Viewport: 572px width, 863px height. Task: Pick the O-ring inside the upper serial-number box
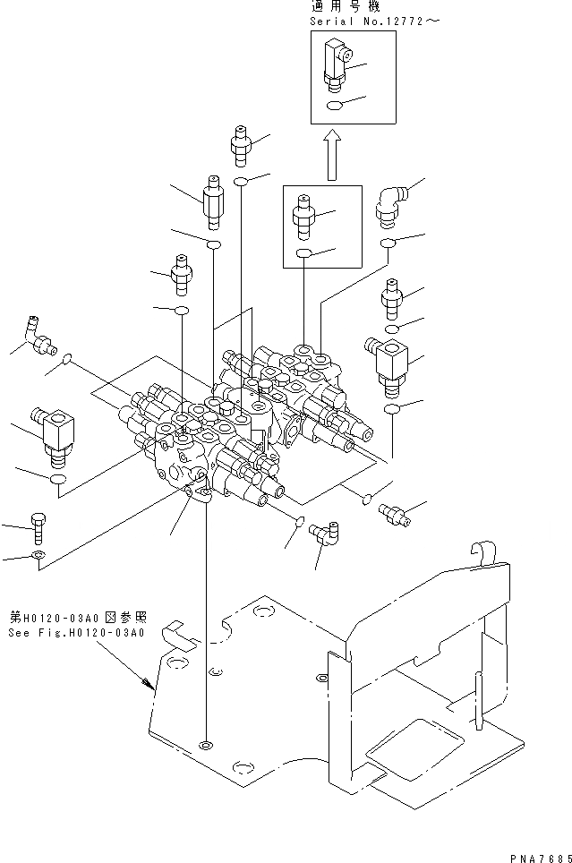tap(332, 105)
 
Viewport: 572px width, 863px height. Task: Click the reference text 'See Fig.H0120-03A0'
tap(76, 633)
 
